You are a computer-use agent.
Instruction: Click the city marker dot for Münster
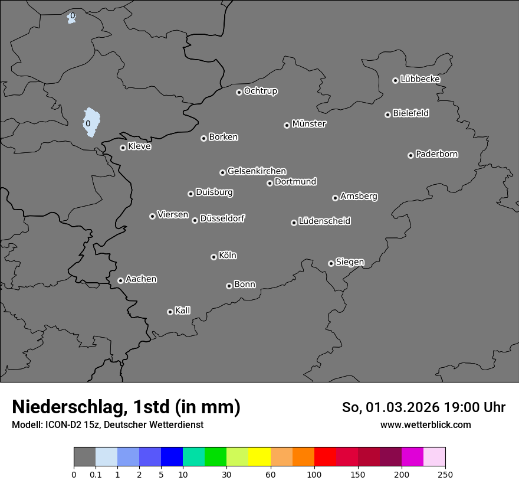(287, 125)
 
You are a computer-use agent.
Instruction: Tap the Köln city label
(228, 256)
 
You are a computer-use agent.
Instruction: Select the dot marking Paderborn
(410, 155)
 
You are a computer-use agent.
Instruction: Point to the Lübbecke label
(420, 79)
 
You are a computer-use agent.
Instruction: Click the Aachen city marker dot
(120, 280)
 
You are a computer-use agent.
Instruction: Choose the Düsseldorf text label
(222, 218)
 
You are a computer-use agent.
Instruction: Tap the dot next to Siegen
(331, 263)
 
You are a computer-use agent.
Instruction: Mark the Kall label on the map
(183, 311)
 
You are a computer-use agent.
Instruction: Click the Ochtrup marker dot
(239, 92)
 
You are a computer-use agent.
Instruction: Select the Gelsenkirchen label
(257, 171)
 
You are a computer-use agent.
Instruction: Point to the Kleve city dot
(123, 148)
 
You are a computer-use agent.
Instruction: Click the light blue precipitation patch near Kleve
(91, 121)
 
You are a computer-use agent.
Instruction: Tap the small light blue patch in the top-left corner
(71, 18)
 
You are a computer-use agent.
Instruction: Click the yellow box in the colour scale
(259, 457)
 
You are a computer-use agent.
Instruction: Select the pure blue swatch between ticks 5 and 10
(172, 457)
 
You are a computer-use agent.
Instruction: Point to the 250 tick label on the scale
(445, 474)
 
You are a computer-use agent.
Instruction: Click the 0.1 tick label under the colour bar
(96, 474)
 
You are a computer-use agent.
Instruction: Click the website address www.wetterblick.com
(425, 424)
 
